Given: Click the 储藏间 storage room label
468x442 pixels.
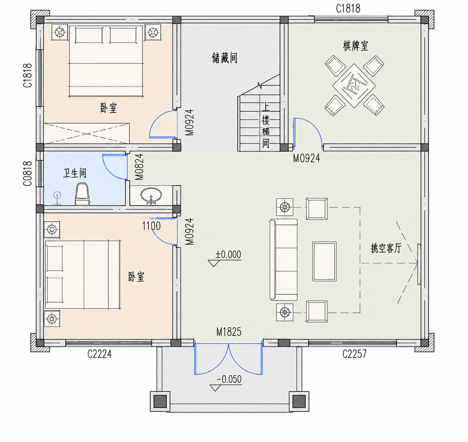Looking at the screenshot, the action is coord(224,58).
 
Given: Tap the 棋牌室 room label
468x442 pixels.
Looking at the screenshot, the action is coord(355,46).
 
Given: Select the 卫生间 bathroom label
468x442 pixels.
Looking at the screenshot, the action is coord(75,173).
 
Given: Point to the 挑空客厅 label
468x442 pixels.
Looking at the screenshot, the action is coord(386,248).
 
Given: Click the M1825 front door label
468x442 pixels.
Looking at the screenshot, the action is coord(229,332).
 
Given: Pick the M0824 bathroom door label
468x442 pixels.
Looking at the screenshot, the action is coord(140,167).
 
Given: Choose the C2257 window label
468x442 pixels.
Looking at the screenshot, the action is coord(355,354).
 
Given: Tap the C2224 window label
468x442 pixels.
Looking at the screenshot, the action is coord(99,354).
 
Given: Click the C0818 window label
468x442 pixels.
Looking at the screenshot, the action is coord(27,173).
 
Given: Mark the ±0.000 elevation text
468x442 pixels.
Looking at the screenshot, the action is coord(228,255).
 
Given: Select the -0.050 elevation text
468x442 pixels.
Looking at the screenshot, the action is coord(229,379).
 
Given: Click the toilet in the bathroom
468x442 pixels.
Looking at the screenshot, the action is coord(82,194).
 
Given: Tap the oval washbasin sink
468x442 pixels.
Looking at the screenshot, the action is coord(151,196).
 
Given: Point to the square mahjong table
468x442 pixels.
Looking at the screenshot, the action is coord(354,86).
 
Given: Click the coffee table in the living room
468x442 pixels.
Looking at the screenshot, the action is coord(324,261).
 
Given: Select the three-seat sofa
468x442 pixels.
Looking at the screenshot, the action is coord(283,259).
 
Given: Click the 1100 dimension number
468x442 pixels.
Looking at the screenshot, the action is coord(151,226).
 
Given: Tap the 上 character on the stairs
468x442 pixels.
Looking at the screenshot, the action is coord(266,106).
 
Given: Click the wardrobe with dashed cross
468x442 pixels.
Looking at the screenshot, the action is coord(87,133).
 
